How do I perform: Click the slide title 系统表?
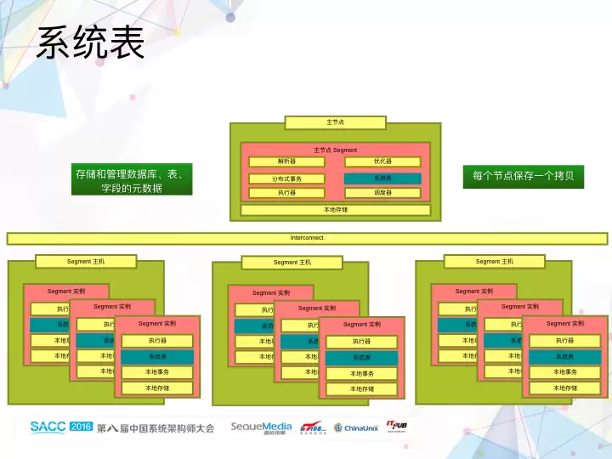pyautogui.click(x=90, y=42)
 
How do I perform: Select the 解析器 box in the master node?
pyautogui.click(x=286, y=161)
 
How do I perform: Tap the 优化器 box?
pyautogui.click(x=382, y=161)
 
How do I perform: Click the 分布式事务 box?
pyautogui.click(x=286, y=178)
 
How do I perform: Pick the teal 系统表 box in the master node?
pyautogui.click(x=382, y=178)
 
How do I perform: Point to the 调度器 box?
pyautogui.click(x=382, y=193)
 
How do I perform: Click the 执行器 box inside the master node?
pyautogui.click(x=286, y=193)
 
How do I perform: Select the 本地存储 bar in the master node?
pyautogui.click(x=335, y=209)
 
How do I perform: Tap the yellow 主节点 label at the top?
pyautogui.click(x=335, y=122)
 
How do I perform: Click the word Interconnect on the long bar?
pyautogui.click(x=307, y=238)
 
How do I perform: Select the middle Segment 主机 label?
pyautogui.click(x=292, y=263)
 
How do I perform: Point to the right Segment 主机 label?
pyautogui.click(x=494, y=262)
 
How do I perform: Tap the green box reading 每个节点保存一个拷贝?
pyautogui.click(x=524, y=176)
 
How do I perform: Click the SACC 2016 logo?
pyautogui.click(x=61, y=427)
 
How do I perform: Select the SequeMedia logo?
pyautogui.click(x=261, y=428)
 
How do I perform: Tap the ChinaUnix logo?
pyautogui.click(x=355, y=428)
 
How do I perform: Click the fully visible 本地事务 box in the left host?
pyautogui.click(x=157, y=372)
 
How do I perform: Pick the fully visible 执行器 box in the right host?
pyautogui.click(x=565, y=341)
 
